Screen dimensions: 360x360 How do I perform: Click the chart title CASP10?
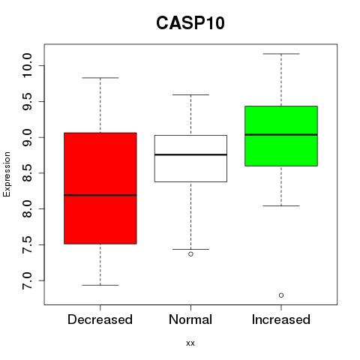tap(190, 23)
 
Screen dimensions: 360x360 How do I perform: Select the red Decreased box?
tap(100, 188)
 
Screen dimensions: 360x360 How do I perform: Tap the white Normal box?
tap(190, 158)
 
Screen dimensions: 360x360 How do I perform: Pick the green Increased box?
tap(281, 136)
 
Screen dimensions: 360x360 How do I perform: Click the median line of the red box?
tap(100, 195)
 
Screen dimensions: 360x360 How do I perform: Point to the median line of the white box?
tap(190, 154)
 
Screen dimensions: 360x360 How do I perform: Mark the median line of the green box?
tap(281, 134)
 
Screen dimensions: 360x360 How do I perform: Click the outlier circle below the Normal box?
tap(190, 254)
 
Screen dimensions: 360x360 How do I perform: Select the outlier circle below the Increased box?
tap(281, 295)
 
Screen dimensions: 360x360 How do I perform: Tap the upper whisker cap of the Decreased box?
tap(100, 78)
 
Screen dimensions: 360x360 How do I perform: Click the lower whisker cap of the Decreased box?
tap(100, 285)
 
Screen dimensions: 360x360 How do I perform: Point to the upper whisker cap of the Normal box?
tap(190, 94)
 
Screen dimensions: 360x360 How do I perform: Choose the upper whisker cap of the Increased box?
tap(281, 54)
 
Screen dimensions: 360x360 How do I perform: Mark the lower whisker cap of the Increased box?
tap(281, 205)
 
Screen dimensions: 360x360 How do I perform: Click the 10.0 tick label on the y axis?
tap(27, 65)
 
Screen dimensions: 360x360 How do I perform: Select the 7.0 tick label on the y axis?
tap(27, 280)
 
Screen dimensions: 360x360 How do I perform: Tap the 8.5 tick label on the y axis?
tap(27, 173)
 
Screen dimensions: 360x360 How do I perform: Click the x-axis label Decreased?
tap(100, 319)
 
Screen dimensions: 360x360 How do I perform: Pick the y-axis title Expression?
tap(7, 174)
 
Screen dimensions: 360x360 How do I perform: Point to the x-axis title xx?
tap(190, 343)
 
